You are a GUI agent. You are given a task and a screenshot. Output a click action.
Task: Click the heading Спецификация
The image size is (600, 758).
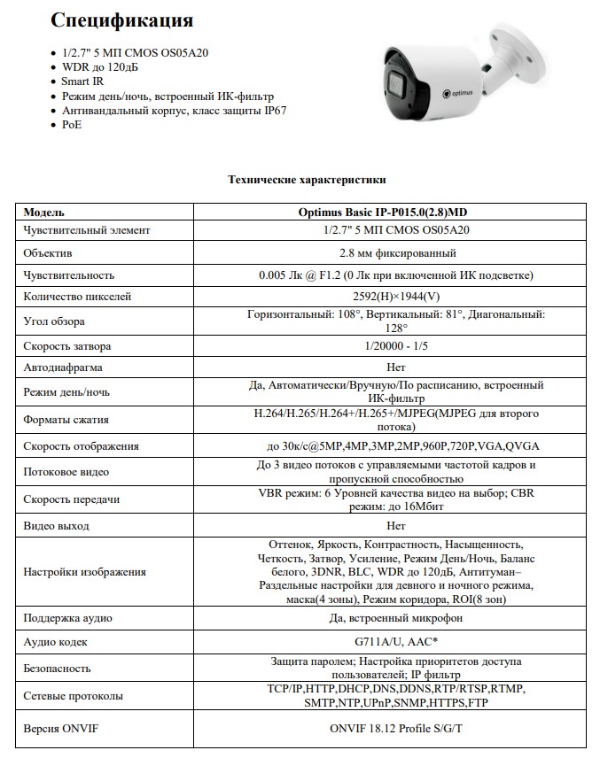point(121,20)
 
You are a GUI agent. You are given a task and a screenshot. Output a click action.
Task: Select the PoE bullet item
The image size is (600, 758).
point(72,125)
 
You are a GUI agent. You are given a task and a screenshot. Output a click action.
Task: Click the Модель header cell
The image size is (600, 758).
point(43,213)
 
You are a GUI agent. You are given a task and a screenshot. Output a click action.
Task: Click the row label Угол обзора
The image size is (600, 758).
point(54,321)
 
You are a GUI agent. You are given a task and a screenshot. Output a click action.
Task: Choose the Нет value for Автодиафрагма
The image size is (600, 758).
point(396,367)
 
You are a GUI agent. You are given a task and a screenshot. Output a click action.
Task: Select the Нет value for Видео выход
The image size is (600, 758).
point(396,526)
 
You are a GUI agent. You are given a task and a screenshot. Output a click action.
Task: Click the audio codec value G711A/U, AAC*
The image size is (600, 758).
point(396,641)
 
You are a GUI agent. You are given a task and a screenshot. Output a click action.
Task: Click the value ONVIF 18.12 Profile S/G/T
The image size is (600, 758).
point(396,728)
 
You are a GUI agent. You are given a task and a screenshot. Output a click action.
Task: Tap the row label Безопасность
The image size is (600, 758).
point(57,669)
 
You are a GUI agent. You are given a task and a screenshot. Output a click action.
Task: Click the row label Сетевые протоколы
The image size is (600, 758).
point(69,696)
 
